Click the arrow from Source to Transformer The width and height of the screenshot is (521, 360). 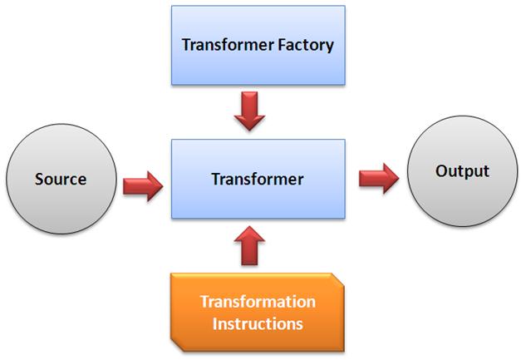click(143, 184)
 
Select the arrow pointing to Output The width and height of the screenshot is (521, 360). click(379, 178)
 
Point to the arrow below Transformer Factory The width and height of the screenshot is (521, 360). click(248, 111)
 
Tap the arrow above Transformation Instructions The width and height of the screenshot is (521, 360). click(248, 246)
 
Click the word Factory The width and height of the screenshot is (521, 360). click(304, 44)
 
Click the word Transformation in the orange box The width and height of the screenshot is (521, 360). click(258, 301)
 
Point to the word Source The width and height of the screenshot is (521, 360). click(60, 179)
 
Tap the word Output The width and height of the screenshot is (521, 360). click(462, 171)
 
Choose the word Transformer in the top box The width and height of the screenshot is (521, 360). click(225, 44)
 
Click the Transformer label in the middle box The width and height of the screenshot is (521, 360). click(258, 179)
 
